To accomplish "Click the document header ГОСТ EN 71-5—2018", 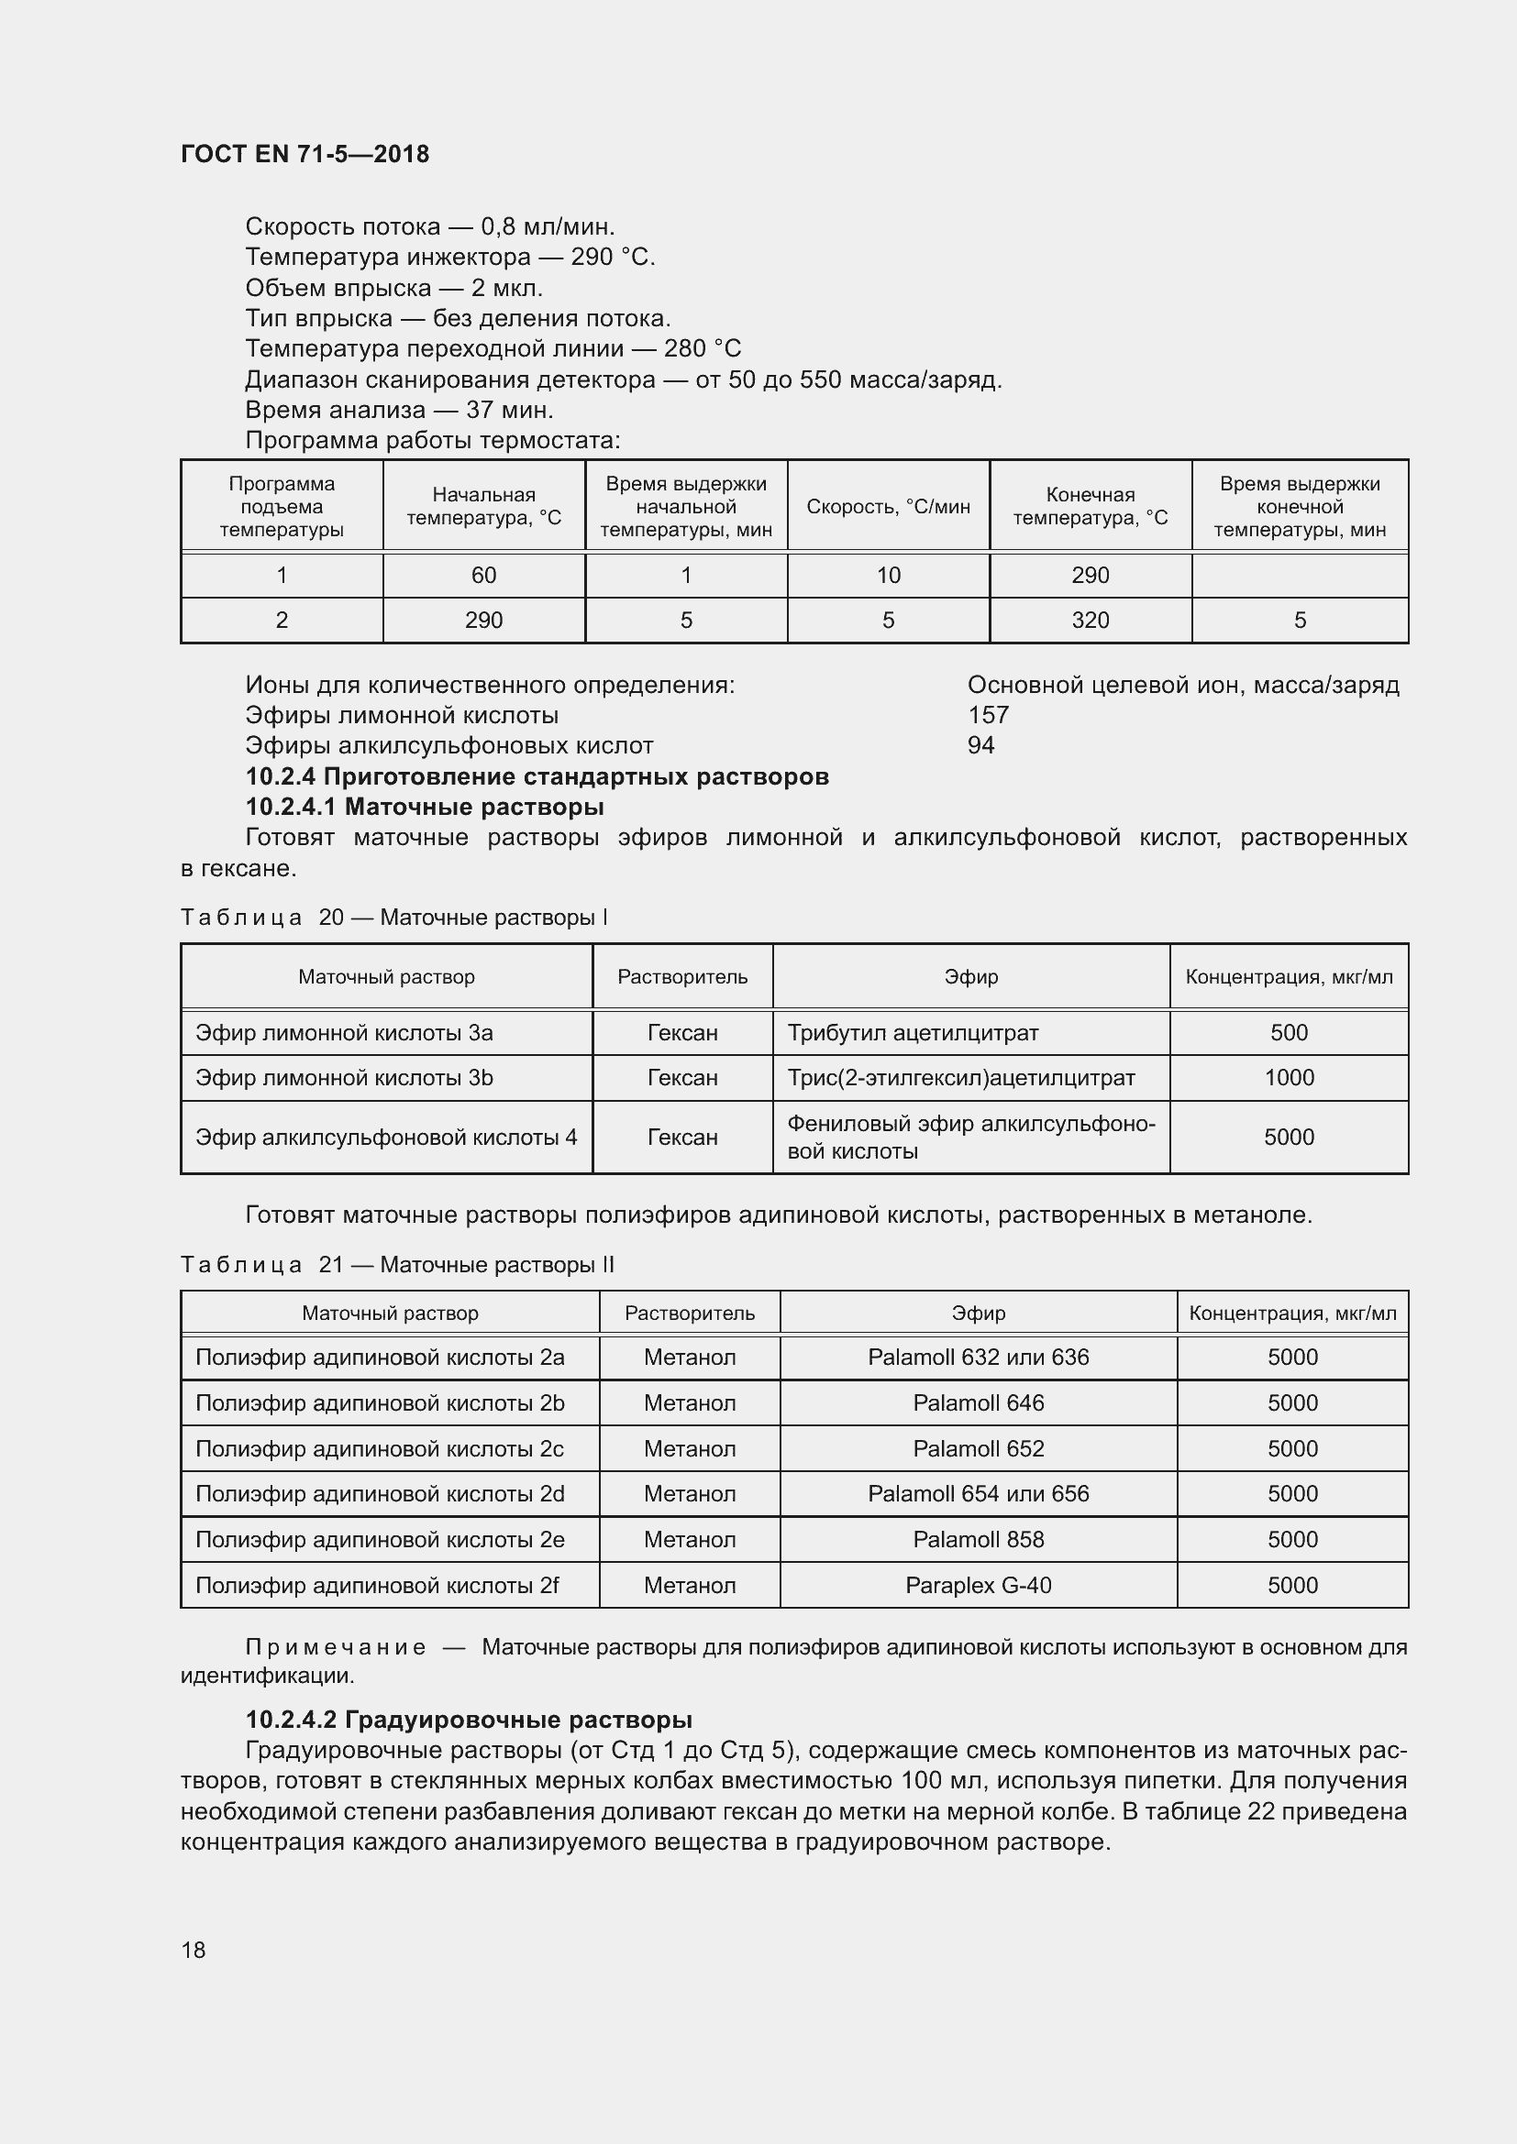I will [305, 154].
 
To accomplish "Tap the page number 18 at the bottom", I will [194, 1950].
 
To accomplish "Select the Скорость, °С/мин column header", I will [888, 506].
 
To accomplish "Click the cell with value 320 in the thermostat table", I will [1091, 620].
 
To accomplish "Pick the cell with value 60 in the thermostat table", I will [483, 576].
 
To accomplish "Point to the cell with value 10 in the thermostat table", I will [888, 576].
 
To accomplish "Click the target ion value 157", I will [989, 715].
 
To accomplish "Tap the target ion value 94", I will [980, 745].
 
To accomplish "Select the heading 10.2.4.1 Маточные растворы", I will [424, 807].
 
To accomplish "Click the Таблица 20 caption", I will [393, 917].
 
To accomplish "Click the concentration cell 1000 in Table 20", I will [1288, 1078].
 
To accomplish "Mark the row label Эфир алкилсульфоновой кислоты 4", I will [386, 1138].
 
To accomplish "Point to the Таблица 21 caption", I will [397, 1264].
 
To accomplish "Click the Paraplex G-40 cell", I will [978, 1585].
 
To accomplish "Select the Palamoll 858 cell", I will [978, 1539].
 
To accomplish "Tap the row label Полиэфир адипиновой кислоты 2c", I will [380, 1448].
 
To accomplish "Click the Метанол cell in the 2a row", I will [690, 1357].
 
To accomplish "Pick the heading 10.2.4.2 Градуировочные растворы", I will [468, 1719].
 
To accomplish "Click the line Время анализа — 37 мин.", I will [399, 410].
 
